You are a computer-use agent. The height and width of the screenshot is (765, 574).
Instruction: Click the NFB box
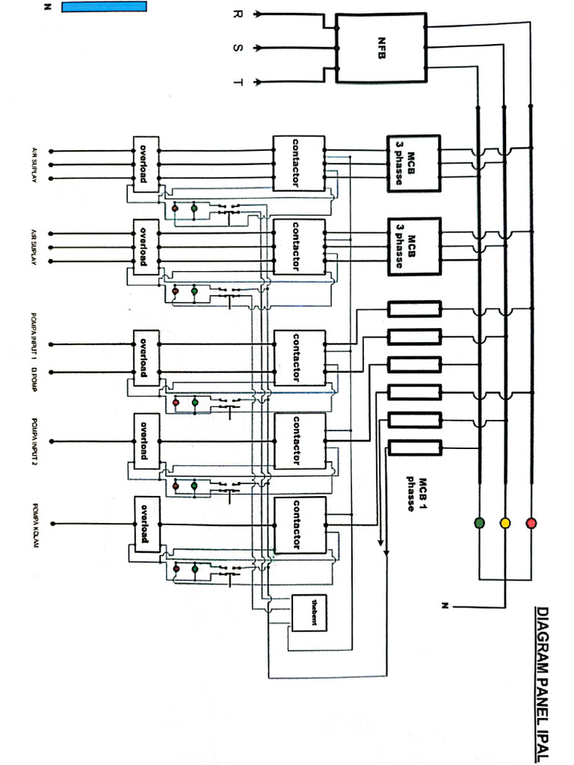pyautogui.click(x=380, y=47)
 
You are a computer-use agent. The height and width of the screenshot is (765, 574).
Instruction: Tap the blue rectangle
pyautogui.click(x=104, y=7)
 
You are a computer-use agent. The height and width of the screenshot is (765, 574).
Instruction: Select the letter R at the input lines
pyautogui.click(x=238, y=14)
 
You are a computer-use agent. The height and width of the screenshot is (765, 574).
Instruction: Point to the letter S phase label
pyautogui.click(x=238, y=48)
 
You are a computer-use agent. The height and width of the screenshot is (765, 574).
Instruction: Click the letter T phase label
pyautogui.click(x=238, y=81)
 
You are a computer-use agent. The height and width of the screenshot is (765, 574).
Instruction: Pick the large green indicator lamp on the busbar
pyautogui.click(x=479, y=522)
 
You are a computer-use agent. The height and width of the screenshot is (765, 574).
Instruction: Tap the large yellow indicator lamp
pyautogui.click(x=504, y=522)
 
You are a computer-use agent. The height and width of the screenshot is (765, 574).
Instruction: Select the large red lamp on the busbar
pyautogui.click(x=531, y=522)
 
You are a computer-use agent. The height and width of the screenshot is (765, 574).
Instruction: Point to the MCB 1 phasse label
pyautogui.click(x=416, y=494)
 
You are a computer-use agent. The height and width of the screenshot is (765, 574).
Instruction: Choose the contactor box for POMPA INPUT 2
pyautogui.click(x=299, y=441)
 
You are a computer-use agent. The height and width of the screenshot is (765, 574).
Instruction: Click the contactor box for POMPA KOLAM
pyautogui.click(x=299, y=524)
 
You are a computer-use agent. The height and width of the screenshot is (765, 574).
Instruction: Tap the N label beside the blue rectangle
pyautogui.click(x=46, y=7)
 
